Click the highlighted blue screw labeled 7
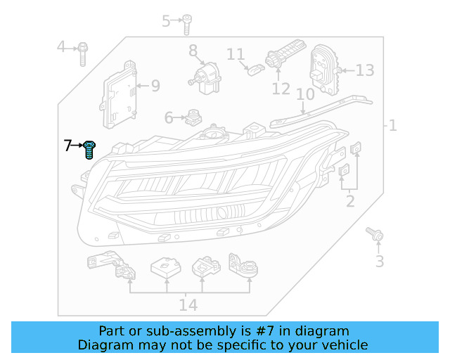point(89,150)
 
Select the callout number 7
point(67,146)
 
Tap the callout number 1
point(392,127)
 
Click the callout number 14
point(188,305)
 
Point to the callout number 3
point(379,262)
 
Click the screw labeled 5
point(187,23)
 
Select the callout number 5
point(166,21)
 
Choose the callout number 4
point(61,47)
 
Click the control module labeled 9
point(120,98)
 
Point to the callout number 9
point(155,86)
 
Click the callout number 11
point(235,54)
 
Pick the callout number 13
point(365,70)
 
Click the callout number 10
point(304,95)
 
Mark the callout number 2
point(349,202)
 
